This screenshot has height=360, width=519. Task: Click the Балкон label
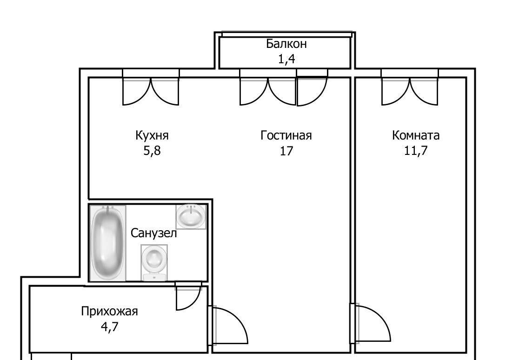[x=286, y=44]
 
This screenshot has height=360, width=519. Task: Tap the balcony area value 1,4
[x=286, y=59]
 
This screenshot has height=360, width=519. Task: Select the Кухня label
[x=152, y=135]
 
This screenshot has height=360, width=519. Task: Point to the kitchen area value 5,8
[x=152, y=151]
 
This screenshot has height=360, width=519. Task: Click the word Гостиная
[x=286, y=135]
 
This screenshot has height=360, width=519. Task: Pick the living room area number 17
[x=286, y=151]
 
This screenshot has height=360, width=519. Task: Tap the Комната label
[x=416, y=135]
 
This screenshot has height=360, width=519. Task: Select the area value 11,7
[x=416, y=151]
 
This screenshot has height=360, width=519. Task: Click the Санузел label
[x=153, y=233]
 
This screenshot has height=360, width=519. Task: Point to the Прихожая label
[x=110, y=312]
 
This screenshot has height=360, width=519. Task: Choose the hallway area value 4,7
[x=110, y=327]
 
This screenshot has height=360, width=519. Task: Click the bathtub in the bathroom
[x=108, y=243]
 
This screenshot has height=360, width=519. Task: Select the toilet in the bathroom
[x=154, y=263]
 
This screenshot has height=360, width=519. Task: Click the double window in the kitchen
[x=151, y=87]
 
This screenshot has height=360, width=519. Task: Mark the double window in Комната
[x=410, y=87]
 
